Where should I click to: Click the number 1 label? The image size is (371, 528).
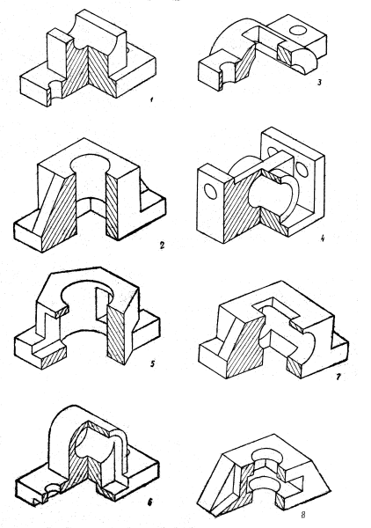point(152,99)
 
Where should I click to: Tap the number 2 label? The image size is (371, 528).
point(162,245)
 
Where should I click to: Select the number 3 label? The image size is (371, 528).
point(319,82)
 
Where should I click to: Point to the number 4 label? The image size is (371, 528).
point(322,238)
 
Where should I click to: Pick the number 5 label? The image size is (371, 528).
point(152,363)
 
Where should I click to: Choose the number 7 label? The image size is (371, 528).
point(338,377)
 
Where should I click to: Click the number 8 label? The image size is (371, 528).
point(302,514)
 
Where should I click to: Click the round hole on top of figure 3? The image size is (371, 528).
point(298,30)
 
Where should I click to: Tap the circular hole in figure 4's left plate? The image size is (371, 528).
point(211,191)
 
